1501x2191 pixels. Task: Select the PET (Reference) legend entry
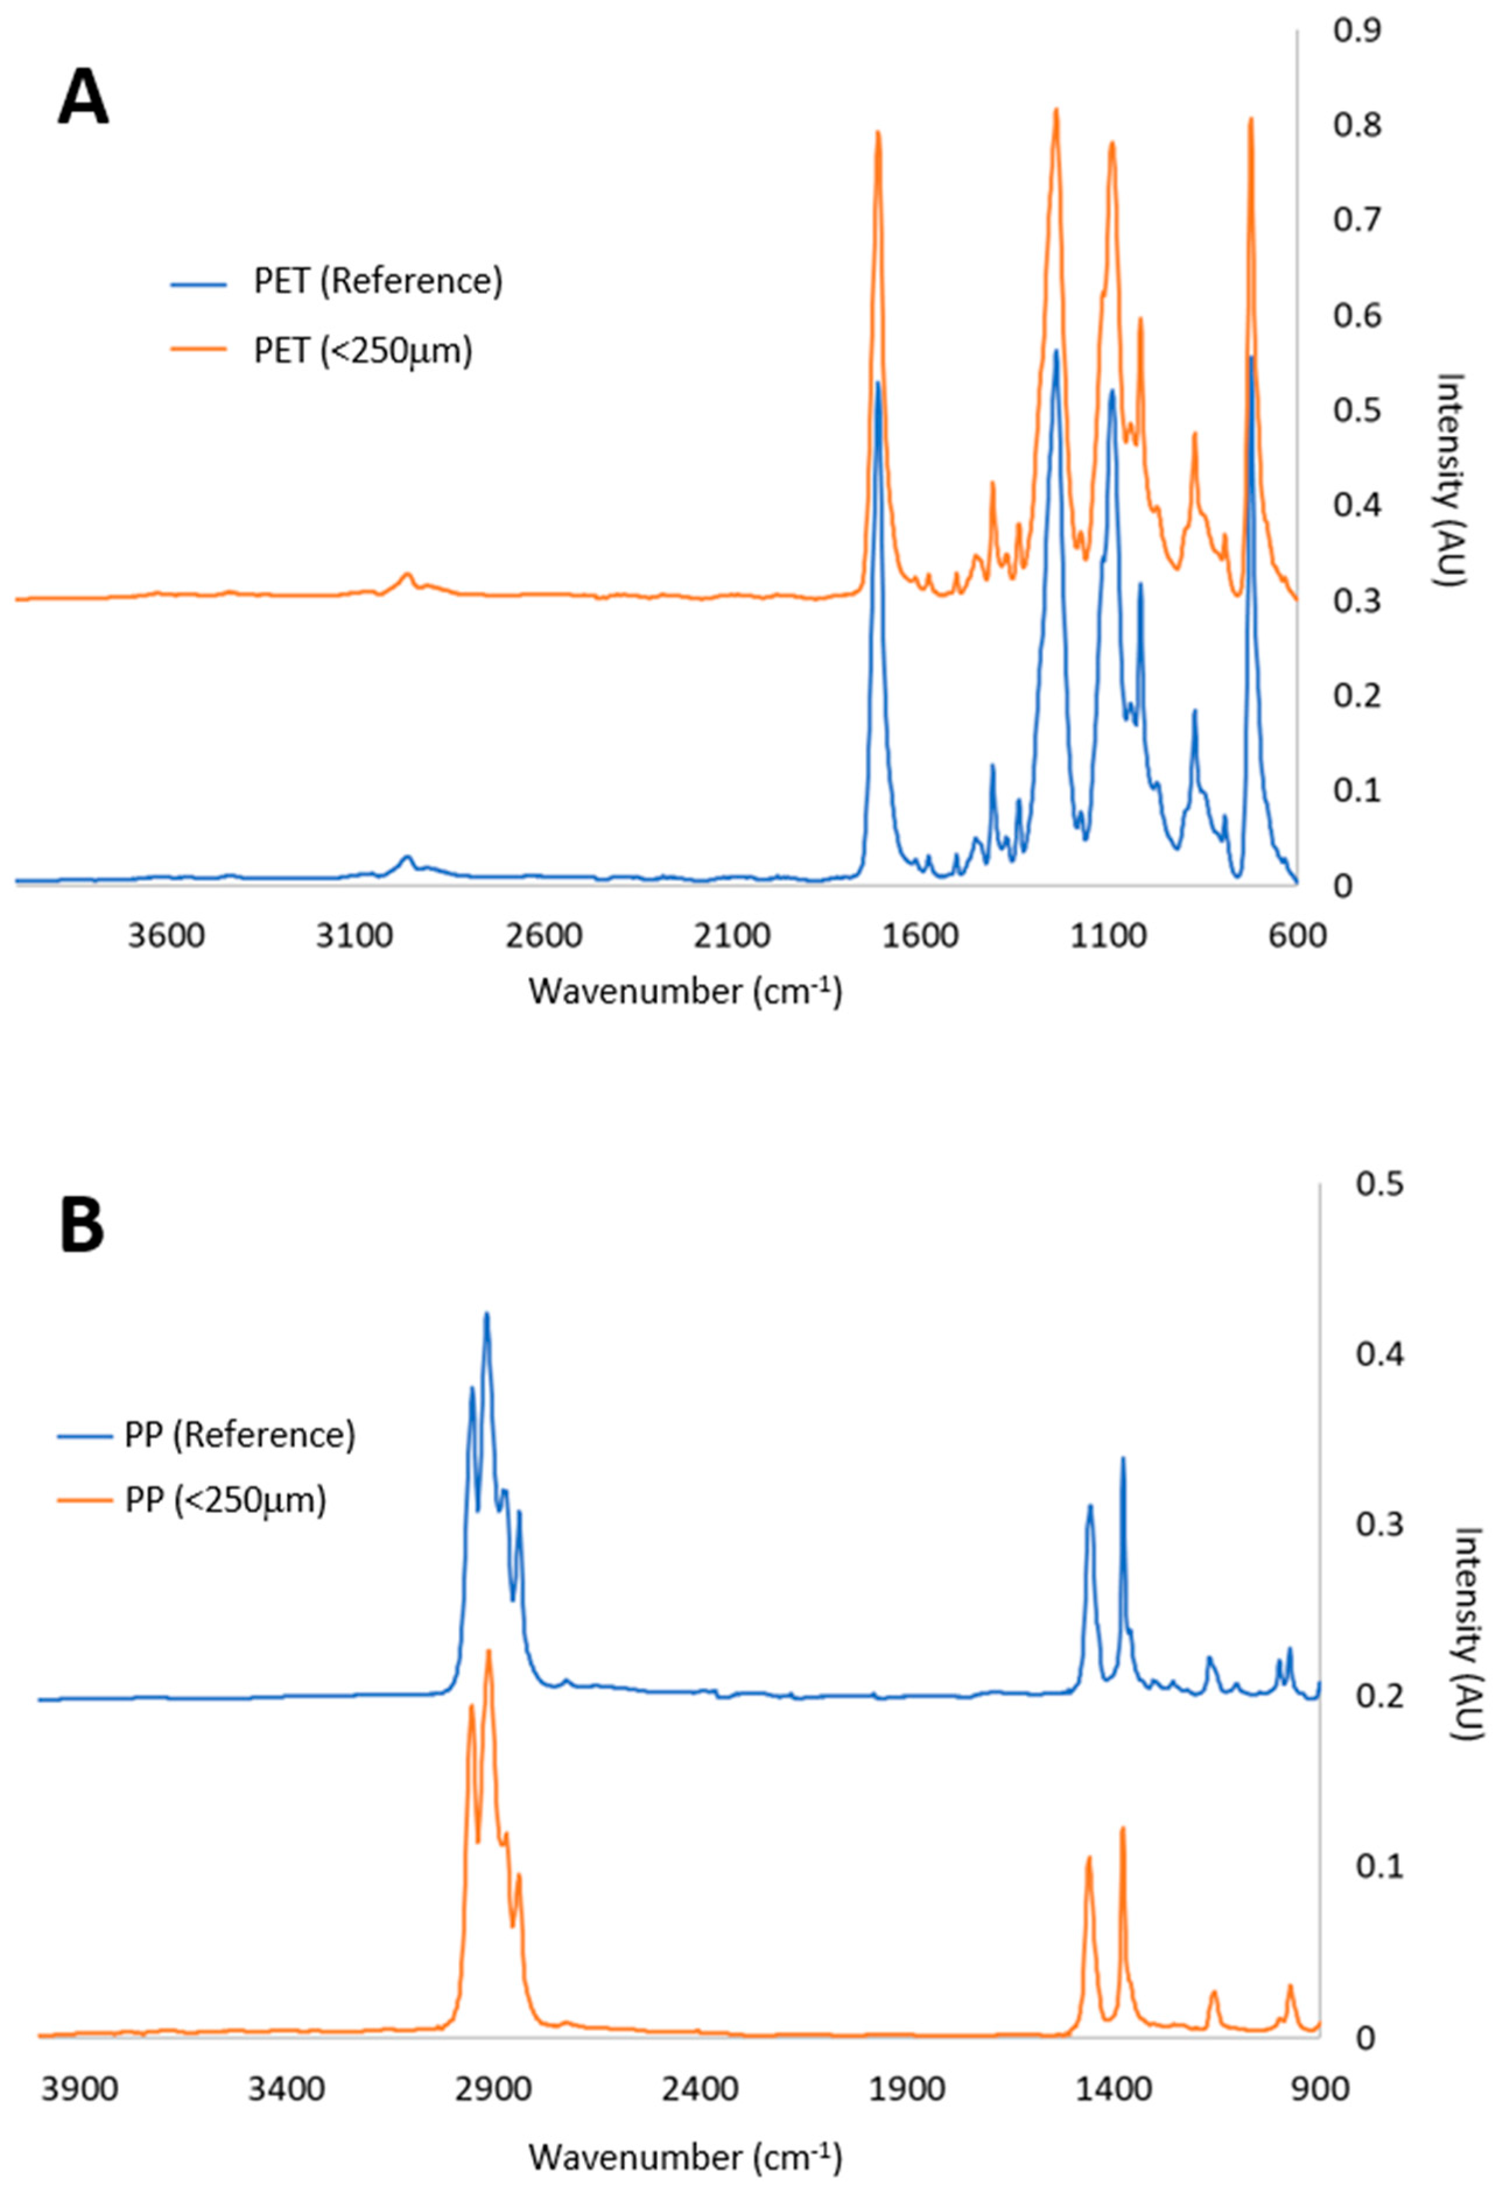(377, 282)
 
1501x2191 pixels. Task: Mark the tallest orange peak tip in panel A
(1056, 110)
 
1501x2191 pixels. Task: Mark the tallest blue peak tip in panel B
(487, 1313)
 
